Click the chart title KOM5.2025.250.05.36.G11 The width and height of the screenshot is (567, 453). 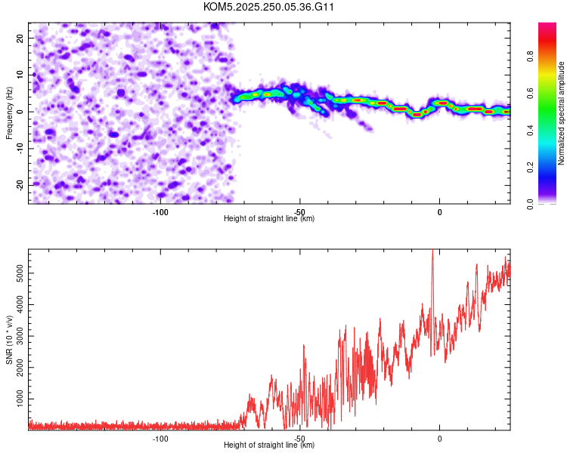point(268,7)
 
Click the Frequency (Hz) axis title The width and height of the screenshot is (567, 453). point(9,112)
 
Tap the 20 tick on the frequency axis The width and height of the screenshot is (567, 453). point(20,38)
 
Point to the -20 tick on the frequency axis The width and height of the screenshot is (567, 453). point(19,185)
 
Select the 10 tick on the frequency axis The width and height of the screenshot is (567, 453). point(20,75)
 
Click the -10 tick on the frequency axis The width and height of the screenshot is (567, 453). point(19,148)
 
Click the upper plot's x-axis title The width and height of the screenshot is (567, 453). point(269,219)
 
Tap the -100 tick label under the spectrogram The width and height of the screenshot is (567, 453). point(160,212)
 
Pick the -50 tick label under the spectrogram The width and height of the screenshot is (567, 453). point(299,212)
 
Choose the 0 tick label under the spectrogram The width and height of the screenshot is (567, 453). point(439,212)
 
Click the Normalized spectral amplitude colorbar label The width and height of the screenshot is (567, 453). point(562,113)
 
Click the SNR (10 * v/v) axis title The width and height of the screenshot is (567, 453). point(9,338)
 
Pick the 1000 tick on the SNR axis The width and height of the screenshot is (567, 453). point(17,398)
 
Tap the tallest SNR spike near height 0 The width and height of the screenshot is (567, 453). point(432,251)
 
